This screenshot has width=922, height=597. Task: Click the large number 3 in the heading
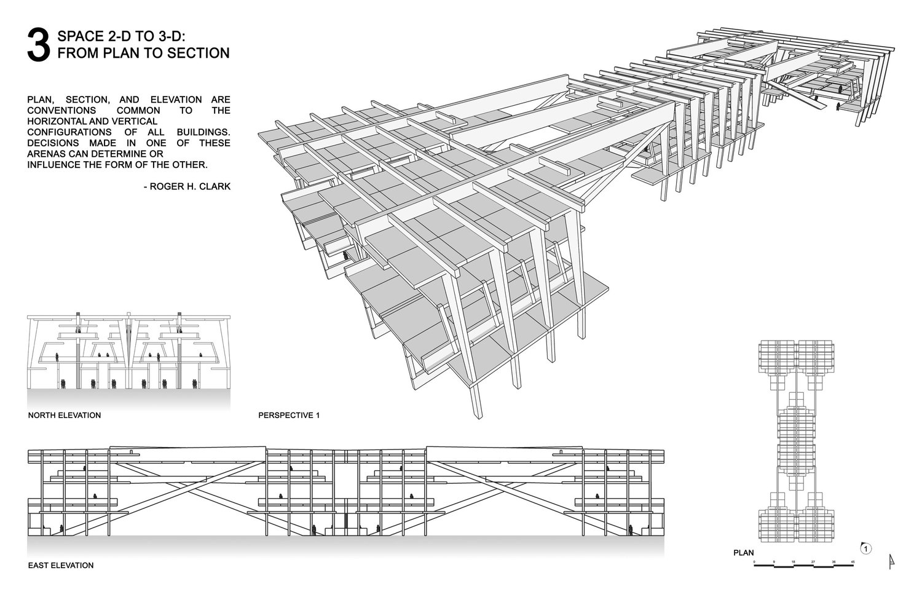point(38,45)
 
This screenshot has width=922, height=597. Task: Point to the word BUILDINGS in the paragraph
point(202,132)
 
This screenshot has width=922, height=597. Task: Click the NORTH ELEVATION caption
point(65,416)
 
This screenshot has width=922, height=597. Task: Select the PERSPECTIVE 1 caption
point(289,416)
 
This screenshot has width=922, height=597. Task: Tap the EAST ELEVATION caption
point(61,565)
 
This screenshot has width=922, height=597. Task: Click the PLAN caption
point(743,553)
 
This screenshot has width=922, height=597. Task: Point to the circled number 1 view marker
point(865,548)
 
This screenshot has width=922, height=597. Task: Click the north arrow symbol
point(891,561)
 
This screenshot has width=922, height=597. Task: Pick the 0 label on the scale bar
point(755,562)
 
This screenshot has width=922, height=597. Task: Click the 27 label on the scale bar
point(813,562)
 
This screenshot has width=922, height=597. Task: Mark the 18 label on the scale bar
point(794,562)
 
